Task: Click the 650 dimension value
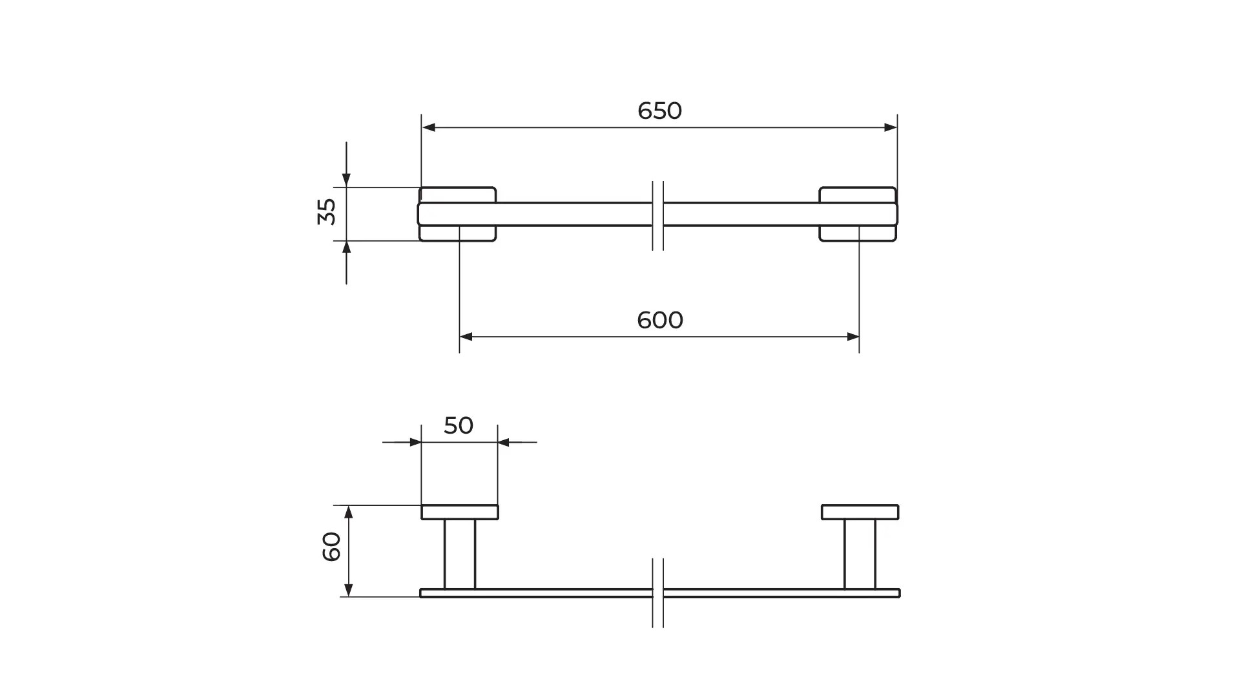[659, 111]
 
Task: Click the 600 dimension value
[659, 321]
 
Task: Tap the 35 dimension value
[327, 211]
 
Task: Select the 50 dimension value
[459, 425]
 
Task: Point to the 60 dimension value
[331, 547]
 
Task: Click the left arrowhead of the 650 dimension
[428, 128]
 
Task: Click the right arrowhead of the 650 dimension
[891, 128]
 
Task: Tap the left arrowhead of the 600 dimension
[466, 337]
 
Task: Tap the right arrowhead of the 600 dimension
[852, 337]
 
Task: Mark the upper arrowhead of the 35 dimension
[346, 180]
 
